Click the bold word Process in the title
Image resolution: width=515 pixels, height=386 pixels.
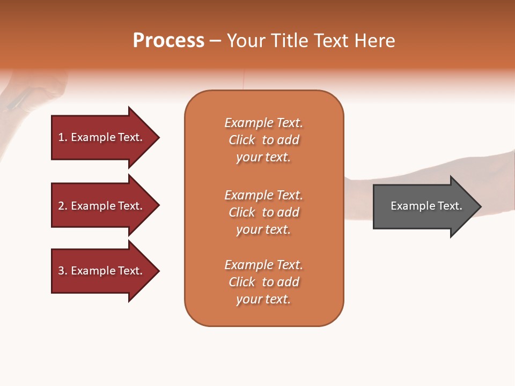168,41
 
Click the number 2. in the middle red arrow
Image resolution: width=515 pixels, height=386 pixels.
63,206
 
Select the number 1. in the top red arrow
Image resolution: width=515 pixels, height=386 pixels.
63,137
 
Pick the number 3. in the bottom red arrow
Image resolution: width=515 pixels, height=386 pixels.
63,271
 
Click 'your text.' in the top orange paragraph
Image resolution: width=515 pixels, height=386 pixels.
263,158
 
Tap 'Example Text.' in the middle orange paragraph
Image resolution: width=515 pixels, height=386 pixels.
263,195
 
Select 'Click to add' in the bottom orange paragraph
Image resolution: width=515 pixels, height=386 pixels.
263,282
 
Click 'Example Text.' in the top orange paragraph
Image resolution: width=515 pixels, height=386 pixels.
263,123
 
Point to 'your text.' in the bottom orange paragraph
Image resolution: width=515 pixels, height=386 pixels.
263,299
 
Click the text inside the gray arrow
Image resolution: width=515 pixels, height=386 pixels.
426,206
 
